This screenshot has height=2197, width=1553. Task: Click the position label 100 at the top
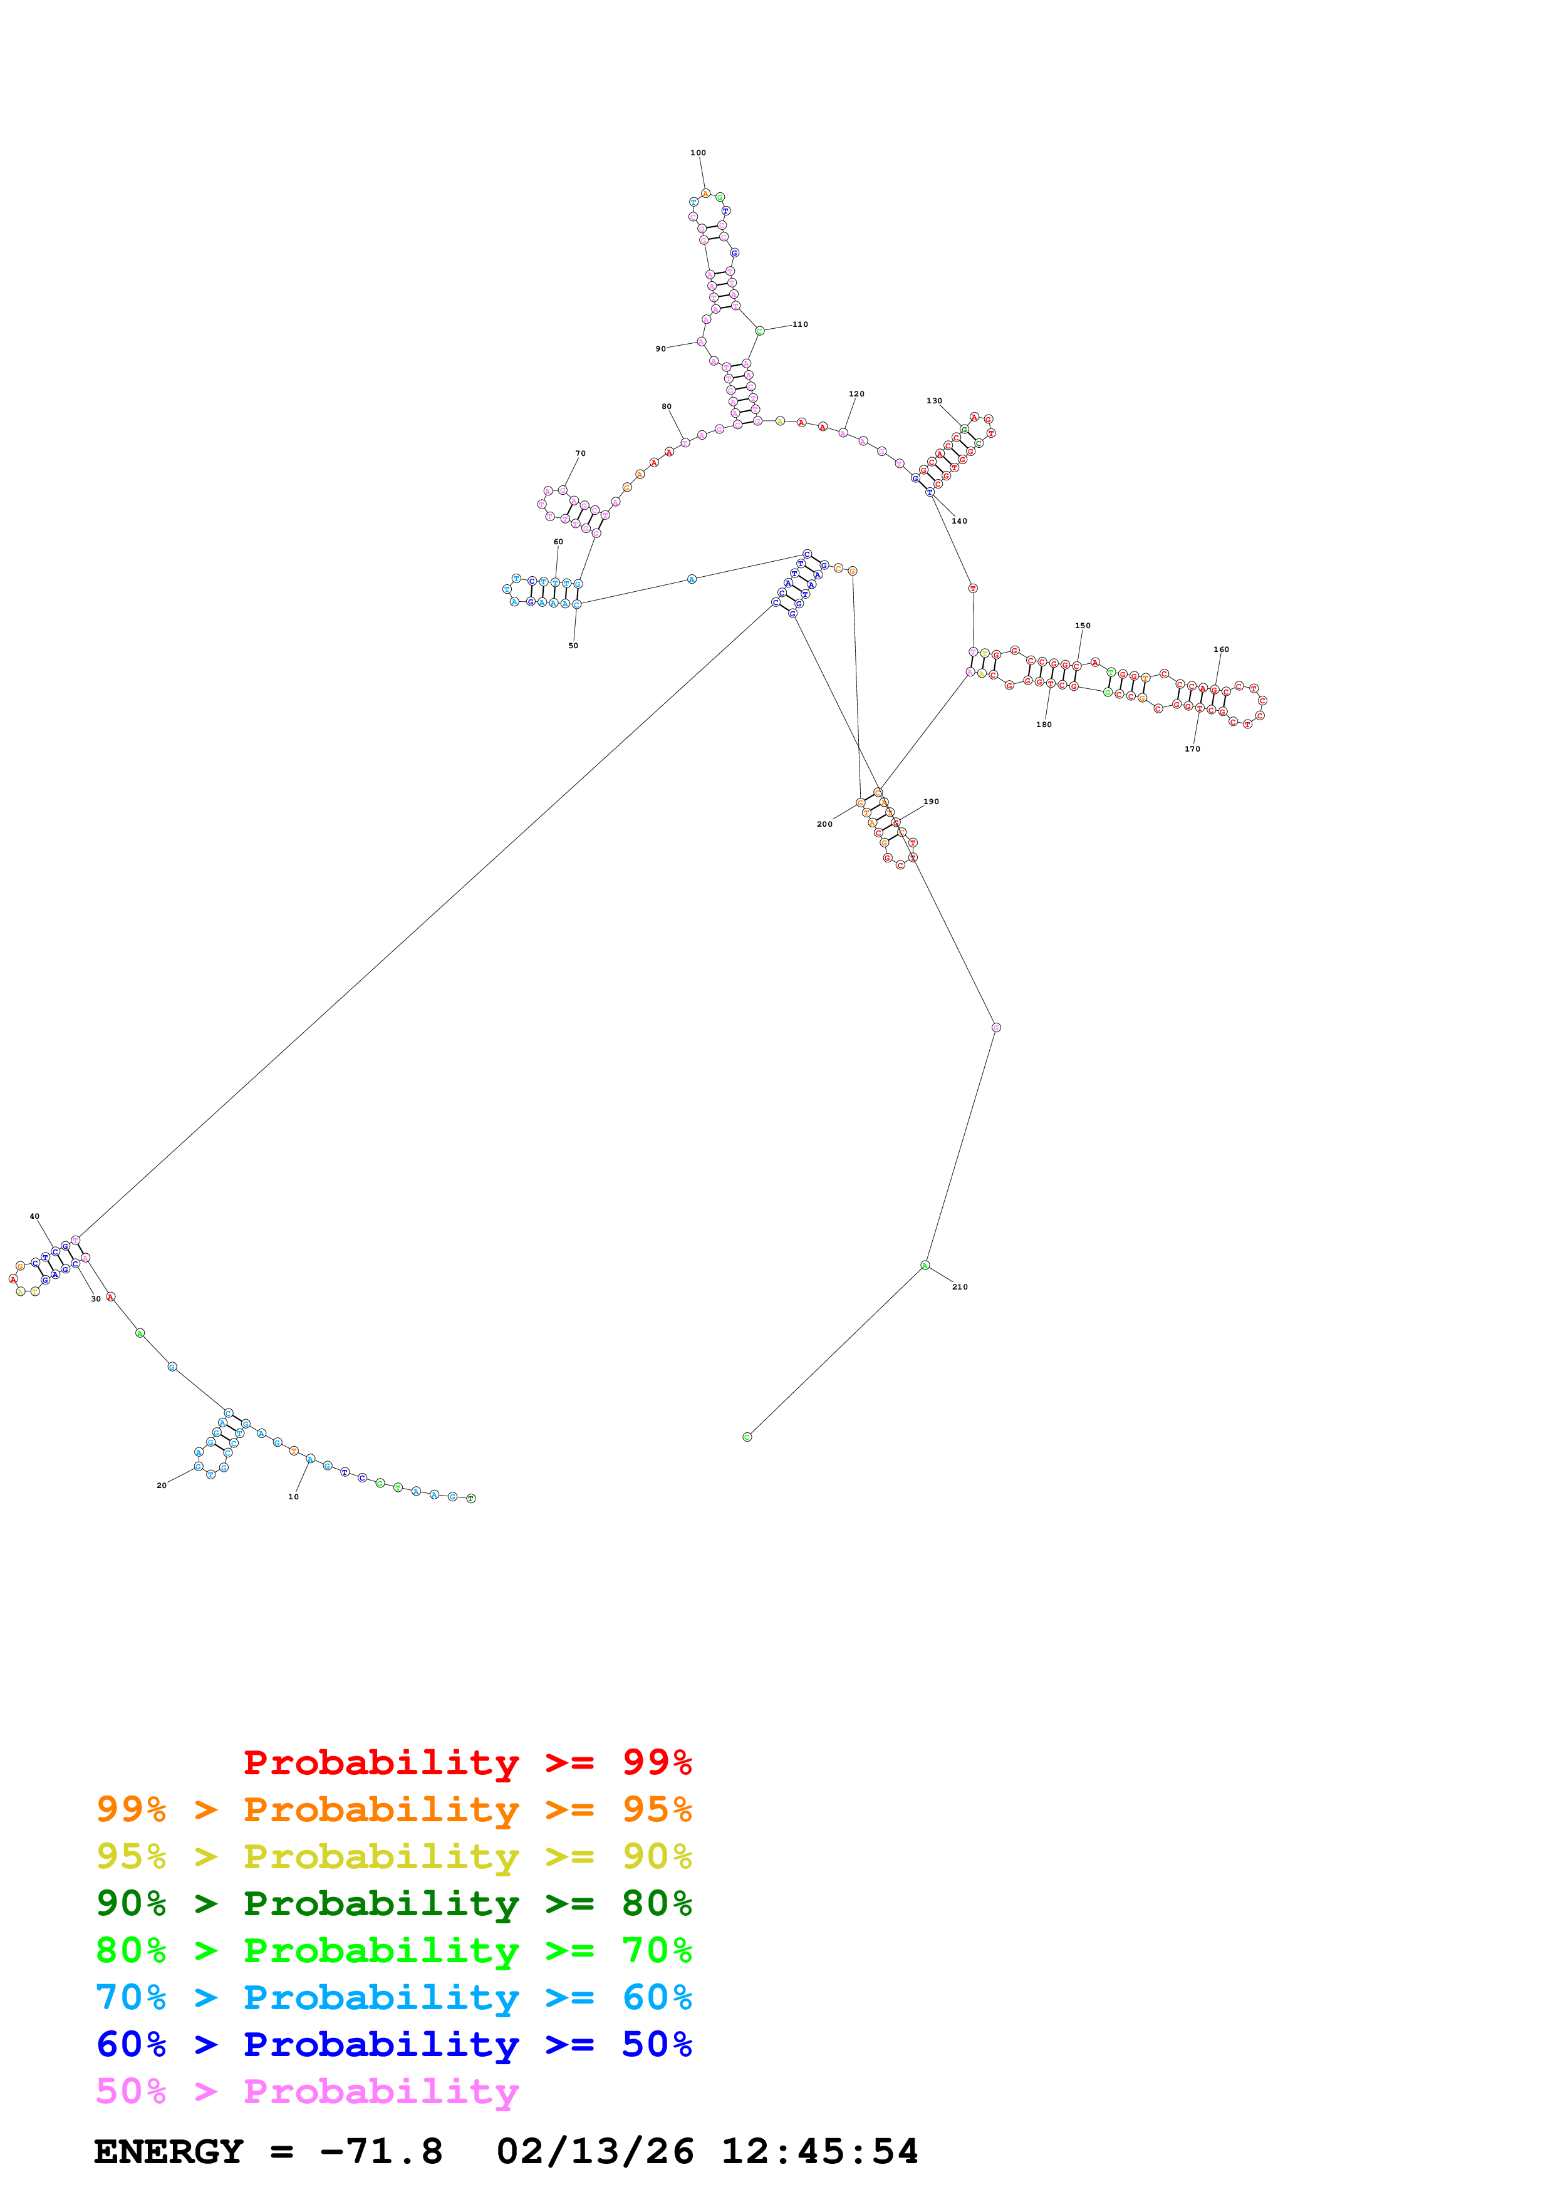pos(699,153)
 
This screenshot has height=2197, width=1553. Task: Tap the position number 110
pos(800,324)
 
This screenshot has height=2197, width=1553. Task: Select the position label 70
pos(580,453)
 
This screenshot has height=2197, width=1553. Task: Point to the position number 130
pos(934,401)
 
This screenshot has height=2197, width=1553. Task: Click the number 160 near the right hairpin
pos(1221,649)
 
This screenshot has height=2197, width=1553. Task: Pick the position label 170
pos(1192,749)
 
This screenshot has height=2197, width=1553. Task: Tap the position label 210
pos(960,1287)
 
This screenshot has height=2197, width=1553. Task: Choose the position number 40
pos(34,1217)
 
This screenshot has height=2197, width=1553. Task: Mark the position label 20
pos(162,1486)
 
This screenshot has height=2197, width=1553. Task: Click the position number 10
pos(294,1497)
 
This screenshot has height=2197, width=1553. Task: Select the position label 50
pos(573,646)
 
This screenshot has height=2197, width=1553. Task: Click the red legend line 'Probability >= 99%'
pos(467,1762)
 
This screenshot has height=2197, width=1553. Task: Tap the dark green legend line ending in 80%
pos(394,1903)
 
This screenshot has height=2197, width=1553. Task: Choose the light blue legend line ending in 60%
pos(394,1997)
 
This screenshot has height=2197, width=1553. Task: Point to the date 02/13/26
pos(595,2151)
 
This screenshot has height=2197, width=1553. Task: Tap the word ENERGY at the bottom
pos(169,2151)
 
